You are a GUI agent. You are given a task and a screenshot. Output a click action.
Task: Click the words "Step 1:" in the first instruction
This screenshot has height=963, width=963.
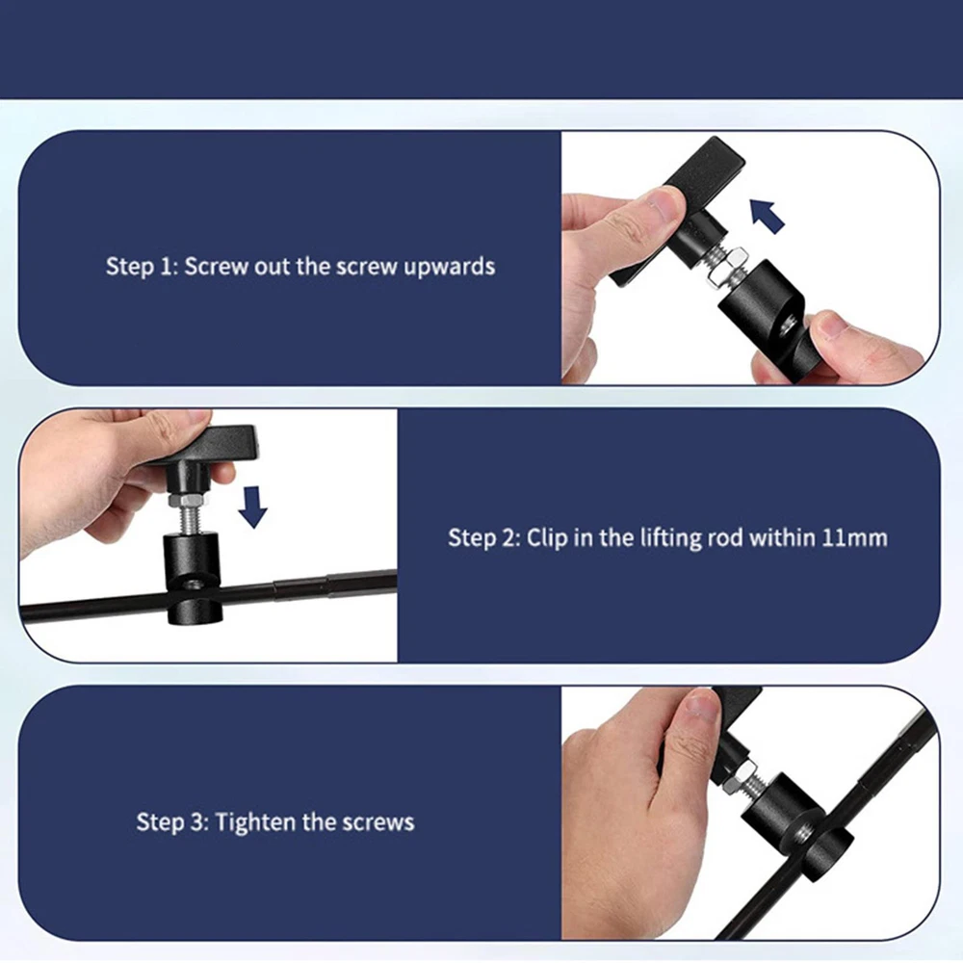click(142, 267)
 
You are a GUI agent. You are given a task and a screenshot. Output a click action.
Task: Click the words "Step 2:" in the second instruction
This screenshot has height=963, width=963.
click(484, 537)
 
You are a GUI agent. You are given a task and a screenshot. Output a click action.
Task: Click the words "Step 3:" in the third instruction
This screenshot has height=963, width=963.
click(172, 821)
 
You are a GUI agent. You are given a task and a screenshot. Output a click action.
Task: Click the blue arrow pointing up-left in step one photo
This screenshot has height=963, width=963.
click(768, 216)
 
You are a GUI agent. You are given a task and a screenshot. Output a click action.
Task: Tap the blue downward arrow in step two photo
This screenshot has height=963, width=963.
click(252, 507)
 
